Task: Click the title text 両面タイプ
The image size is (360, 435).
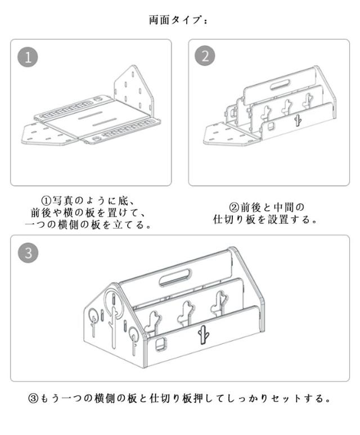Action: (x=175, y=21)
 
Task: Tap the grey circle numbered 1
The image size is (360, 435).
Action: (x=28, y=57)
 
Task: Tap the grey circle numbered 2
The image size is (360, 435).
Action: (x=205, y=56)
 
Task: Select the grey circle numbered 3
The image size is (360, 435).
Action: (x=28, y=253)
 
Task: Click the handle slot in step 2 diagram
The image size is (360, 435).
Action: (x=280, y=85)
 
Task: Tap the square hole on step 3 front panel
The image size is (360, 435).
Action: (x=160, y=344)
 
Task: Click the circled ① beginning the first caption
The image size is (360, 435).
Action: (x=46, y=200)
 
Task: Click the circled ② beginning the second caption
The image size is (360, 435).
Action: (x=233, y=207)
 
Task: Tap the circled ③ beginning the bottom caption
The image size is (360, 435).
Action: (x=33, y=398)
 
